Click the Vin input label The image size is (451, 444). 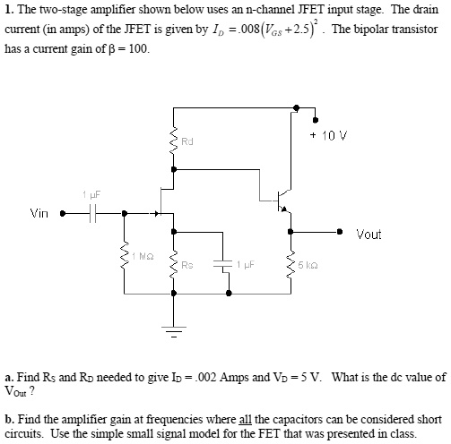point(39,213)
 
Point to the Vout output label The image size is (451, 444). point(369,235)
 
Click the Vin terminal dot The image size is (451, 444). point(62,214)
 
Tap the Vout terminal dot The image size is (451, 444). point(341,231)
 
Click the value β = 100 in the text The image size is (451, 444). point(125,48)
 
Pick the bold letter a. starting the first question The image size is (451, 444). point(8,377)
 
